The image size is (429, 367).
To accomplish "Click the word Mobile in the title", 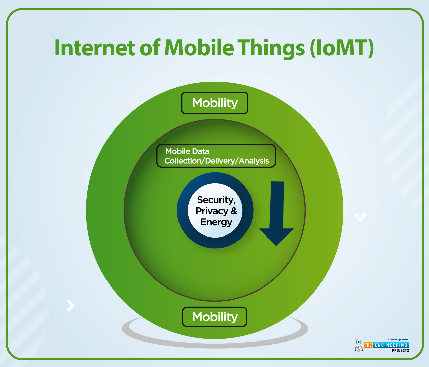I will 199,48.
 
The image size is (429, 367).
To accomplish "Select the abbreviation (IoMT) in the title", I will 342,48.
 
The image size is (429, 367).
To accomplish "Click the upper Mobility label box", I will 215,103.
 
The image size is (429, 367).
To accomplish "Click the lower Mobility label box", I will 215,317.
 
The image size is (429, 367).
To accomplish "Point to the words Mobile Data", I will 187,151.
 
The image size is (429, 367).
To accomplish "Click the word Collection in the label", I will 182,161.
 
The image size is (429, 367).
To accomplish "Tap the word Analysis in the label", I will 254,161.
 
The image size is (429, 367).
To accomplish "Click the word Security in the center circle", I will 216,200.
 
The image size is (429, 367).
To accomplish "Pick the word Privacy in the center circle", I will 212,211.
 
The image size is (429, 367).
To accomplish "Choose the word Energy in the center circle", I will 216,222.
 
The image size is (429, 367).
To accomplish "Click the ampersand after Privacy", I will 234,211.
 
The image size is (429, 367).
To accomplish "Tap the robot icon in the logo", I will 359,346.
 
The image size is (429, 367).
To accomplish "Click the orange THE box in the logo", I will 368,345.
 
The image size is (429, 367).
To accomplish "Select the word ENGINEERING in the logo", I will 391,345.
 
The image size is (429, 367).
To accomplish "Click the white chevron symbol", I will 71,305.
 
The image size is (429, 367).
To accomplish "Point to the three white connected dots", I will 361,217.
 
